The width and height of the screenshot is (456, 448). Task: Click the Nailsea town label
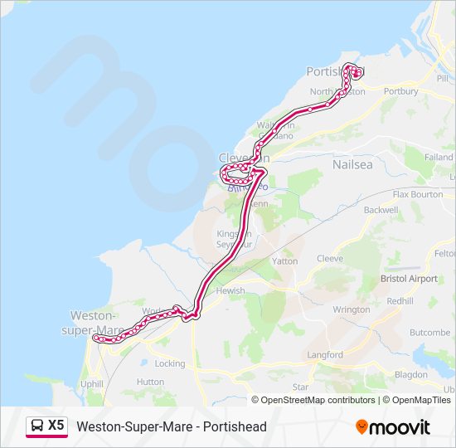point(352,164)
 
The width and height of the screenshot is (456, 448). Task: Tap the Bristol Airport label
point(409,279)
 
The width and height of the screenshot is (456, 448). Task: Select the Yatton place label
point(284,261)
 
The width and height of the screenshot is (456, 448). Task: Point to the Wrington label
point(352,309)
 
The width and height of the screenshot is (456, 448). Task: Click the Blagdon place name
point(411,375)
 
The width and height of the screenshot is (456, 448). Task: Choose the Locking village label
point(170,363)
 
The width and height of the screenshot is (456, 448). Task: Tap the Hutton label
point(150,382)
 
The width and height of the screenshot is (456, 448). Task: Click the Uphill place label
point(91,384)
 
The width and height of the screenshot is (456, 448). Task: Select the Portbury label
point(401,91)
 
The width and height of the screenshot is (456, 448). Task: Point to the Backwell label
point(381,210)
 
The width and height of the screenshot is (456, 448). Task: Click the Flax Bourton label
point(418,194)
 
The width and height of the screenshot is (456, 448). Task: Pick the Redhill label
point(400,300)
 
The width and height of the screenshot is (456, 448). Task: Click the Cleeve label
point(330,259)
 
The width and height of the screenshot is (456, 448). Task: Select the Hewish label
point(230,290)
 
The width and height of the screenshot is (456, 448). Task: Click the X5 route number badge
point(56,426)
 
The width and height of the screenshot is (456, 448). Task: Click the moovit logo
point(393,427)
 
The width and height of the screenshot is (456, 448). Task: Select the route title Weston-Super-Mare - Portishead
point(172,426)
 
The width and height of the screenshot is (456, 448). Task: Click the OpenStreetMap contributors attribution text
point(318,400)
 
